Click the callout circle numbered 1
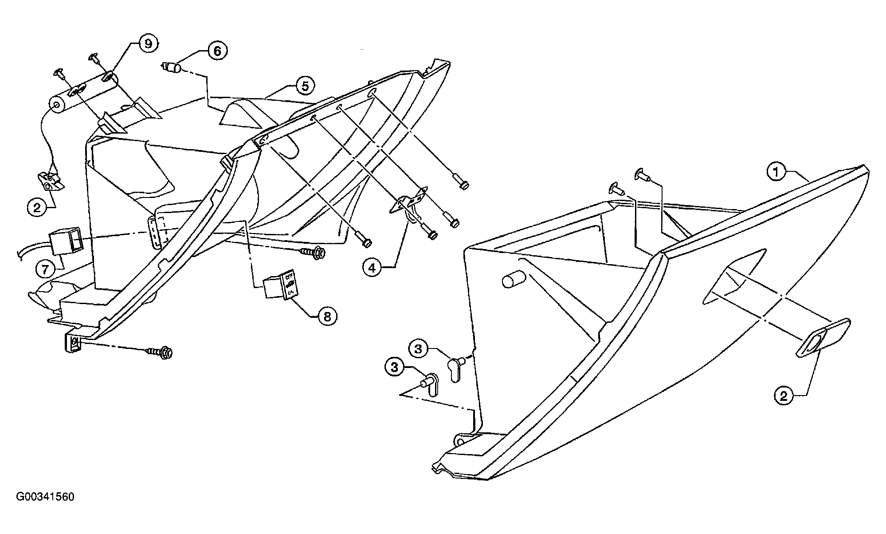(x=776, y=172)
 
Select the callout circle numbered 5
(x=305, y=86)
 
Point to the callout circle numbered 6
(x=217, y=51)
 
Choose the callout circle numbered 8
(x=327, y=316)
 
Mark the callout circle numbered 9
(x=148, y=44)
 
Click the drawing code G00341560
(x=46, y=497)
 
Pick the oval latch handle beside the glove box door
(x=823, y=337)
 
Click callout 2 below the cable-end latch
(x=37, y=207)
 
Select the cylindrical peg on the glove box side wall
(x=513, y=281)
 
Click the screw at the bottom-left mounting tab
(x=160, y=352)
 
